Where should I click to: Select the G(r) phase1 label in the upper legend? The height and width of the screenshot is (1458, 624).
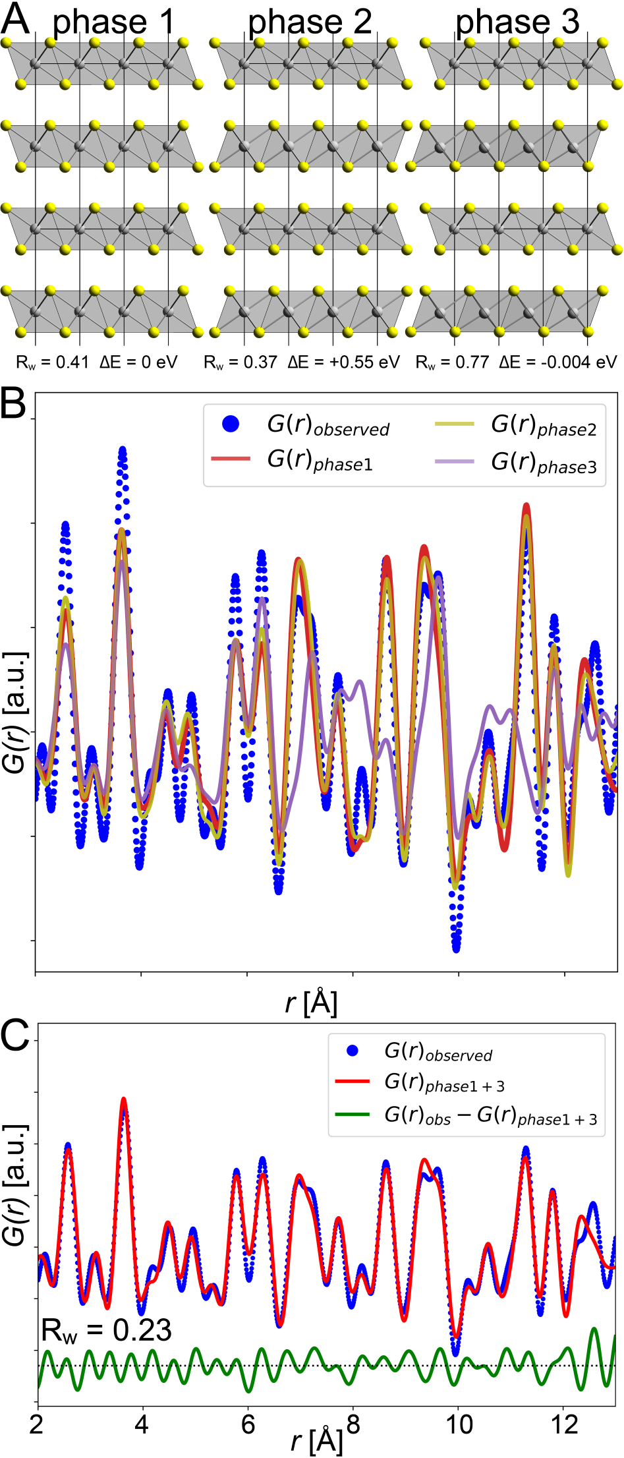point(320,460)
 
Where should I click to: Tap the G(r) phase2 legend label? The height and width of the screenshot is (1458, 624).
point(544,425)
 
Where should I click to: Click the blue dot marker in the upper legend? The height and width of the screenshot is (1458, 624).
point(231,424)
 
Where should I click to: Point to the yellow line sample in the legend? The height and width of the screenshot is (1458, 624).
point(455,424)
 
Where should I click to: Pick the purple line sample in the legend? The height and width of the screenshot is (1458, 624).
point(455,461)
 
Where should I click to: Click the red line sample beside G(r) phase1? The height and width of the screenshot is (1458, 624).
point(231,458)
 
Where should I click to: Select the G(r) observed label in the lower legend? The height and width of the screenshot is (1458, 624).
point(438,1051)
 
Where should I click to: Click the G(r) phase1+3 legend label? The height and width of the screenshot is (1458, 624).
point(444,1082)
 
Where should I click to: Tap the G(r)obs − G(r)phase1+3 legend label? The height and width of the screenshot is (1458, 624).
point(491,1115)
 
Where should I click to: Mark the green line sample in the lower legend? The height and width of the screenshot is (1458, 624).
point(352,1115)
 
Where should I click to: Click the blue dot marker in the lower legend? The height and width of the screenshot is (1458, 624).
point(353,1051)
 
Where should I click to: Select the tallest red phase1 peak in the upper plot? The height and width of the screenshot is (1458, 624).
point(526,506)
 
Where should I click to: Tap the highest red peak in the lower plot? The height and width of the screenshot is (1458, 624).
point(123,1100)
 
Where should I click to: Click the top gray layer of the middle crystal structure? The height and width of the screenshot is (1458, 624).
point(310,63)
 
